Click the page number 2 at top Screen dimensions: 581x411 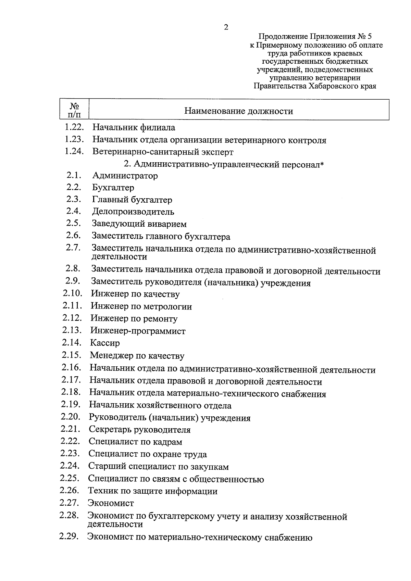point(226,27)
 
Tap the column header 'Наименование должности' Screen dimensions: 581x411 point(239,111)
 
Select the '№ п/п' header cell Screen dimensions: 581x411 point(74,110)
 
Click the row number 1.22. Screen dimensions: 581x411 point(74,127)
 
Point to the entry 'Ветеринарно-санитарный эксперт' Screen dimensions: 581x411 point(163,152)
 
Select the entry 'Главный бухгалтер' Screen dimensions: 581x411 point(132,200)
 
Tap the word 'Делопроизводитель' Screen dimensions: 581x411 point(133,212)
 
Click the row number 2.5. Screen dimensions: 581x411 point(73,223)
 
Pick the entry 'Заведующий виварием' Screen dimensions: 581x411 point(139,224)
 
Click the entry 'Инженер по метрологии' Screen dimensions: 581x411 point(141,306)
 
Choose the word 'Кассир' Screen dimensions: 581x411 point(105,343)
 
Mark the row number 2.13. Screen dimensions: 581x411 point(72,330)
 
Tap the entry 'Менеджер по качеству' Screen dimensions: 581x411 point(137,356)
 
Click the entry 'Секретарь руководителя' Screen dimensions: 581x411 point(139,430)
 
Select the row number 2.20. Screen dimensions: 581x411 point(71,417)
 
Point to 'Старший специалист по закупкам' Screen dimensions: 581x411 point(158,467)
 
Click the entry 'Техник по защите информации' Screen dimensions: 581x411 point(153,491)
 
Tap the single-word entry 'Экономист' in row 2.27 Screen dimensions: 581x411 point(111,503)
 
